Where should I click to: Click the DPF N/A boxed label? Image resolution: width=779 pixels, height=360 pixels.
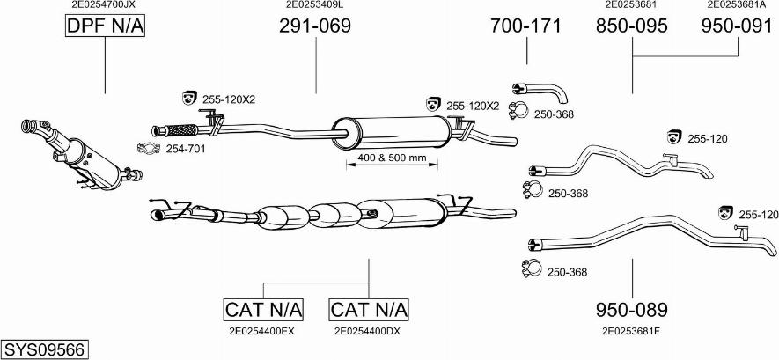click(104, 27)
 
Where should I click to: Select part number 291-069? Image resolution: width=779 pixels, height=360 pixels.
click(314, 26)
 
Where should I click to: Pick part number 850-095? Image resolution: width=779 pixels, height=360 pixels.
click(631, 26)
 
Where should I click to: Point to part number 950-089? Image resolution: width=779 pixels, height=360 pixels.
click(631, 310)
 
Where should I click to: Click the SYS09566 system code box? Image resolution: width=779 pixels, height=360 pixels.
click(44, 349)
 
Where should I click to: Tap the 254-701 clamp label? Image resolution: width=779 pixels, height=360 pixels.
click(186, 149)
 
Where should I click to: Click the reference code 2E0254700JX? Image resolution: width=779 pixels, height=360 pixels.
click(103, 5)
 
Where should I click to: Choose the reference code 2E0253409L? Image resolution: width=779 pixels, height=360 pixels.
click(314, 5)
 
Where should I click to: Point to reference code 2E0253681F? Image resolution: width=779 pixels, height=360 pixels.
click(630, 332)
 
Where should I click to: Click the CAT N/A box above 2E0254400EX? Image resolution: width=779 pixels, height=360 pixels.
click(263, 310)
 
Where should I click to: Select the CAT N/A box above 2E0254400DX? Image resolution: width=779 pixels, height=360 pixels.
click(369, 310)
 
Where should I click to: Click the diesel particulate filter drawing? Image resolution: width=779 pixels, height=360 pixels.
click(79, 155)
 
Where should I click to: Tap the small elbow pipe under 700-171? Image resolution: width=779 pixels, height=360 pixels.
click(541, 91)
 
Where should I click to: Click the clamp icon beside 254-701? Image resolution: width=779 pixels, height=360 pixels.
click(150, 148)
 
